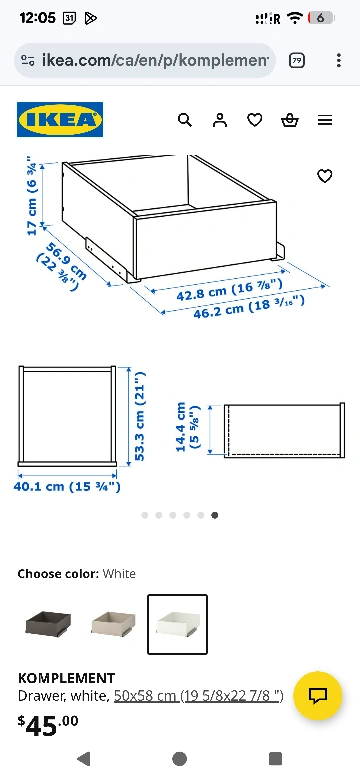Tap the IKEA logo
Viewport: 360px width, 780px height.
60,119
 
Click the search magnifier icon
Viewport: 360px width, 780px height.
185,120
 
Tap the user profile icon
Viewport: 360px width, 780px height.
220,120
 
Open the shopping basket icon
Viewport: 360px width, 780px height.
290,120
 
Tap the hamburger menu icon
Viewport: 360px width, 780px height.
325,120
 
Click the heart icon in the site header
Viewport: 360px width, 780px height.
255,120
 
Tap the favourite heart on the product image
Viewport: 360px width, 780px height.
325,176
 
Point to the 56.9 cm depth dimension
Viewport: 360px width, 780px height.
62,266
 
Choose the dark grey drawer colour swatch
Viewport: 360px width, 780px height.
48,624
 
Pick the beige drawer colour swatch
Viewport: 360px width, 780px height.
113,623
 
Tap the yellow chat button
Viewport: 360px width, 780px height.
318,695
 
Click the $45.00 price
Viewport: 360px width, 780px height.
48,726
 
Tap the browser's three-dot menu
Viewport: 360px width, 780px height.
339,61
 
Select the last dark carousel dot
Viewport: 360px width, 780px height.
214,515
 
